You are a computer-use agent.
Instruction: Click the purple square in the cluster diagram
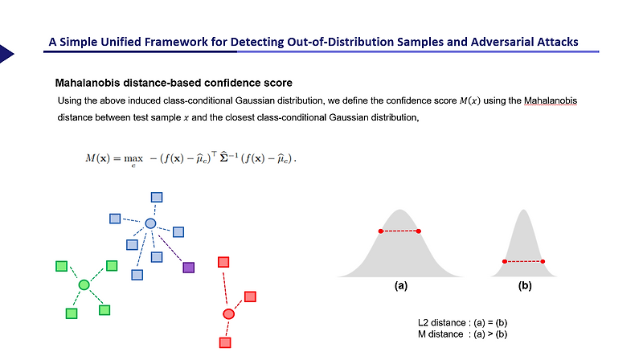click(188, 268)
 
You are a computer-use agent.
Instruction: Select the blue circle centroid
click(150, 223)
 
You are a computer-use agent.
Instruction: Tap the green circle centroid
click(84, 284)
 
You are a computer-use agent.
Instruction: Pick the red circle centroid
click(228, 313)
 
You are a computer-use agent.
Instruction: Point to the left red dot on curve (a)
click(381, 231)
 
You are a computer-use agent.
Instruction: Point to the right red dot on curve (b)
click(544, 261)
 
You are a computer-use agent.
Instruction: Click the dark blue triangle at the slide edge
click(6, 54)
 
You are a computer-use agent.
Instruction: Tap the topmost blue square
click(158, 198)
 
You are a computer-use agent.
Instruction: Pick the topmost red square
click(224, 262)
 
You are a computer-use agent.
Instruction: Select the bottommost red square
click(225, 342)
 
